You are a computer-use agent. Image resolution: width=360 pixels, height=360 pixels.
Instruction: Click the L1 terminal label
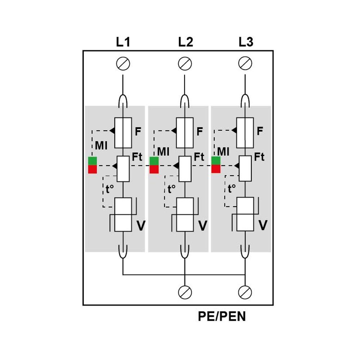123,42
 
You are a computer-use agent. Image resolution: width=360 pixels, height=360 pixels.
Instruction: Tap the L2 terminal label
185,42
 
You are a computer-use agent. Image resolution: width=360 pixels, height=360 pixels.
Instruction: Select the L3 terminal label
246,42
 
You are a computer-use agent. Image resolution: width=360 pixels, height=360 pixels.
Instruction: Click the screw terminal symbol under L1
123,64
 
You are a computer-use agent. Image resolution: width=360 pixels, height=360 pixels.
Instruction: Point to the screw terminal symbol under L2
185,64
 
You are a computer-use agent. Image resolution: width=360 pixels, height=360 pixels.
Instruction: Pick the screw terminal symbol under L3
245,64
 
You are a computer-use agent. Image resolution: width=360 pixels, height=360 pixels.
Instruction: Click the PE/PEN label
222,316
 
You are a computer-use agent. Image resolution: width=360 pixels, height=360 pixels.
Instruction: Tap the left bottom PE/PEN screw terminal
185,292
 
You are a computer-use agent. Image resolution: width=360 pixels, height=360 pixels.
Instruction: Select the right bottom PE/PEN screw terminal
245,292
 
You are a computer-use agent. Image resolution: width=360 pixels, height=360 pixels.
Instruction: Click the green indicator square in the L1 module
93,161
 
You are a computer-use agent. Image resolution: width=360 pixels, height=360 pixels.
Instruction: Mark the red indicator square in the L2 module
154,169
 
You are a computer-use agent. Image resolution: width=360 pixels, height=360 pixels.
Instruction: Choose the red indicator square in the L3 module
216,169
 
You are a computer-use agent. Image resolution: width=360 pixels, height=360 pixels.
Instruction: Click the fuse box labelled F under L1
123,132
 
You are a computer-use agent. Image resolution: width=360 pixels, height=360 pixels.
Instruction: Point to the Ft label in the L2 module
199,157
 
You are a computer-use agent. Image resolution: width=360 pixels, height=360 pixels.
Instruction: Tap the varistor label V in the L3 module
263,226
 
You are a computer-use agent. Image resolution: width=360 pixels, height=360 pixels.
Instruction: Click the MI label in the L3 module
223,152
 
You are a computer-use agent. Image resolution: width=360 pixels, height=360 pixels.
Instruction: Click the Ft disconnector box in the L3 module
245,168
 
